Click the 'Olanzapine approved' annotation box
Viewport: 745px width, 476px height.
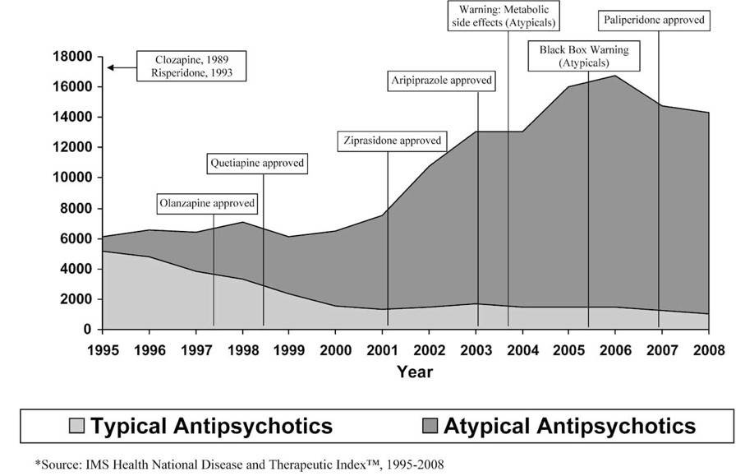206,203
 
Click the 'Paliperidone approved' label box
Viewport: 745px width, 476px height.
654,20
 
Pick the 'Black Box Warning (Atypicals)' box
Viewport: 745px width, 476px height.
584,56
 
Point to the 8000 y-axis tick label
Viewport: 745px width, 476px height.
76,209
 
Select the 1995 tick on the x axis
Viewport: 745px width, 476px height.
102,349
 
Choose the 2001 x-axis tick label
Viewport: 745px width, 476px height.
383,349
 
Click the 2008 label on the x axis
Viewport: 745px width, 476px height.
709,349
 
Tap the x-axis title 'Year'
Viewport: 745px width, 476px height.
415,372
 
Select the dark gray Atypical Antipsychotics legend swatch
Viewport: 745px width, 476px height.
431,426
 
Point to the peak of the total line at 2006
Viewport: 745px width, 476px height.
614,76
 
